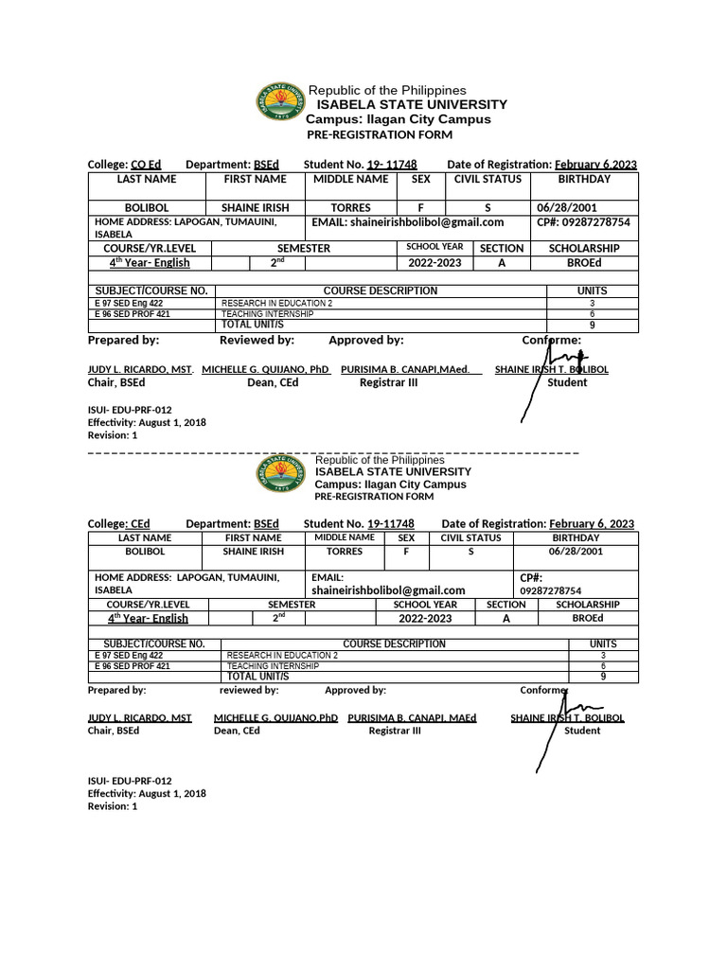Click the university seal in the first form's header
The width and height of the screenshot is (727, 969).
[x=277, y=104]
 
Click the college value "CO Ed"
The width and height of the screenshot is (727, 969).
[x=146, y=165]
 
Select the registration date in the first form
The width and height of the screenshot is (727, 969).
[x=595, y=165]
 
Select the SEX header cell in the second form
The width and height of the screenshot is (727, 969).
[x=406, y=537]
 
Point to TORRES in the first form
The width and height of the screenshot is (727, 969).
[x=350, y=207]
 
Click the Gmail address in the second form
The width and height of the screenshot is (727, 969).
[x=388, y=590]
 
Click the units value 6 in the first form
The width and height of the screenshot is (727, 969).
[x=592, y=314]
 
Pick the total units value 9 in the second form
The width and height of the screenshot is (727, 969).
[x=603, y=677]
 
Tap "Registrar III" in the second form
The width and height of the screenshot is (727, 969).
[x=394, y=731]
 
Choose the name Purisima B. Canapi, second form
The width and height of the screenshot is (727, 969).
[x=412, y=718]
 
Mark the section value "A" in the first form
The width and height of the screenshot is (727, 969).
[x=501, y=262]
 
